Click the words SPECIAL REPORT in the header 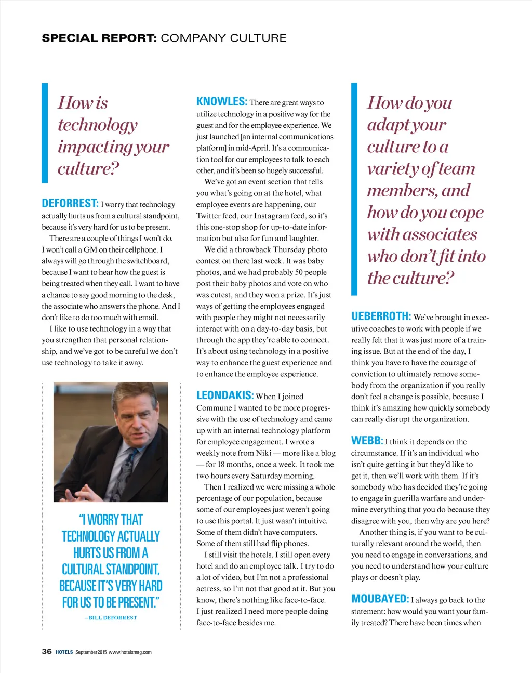99,38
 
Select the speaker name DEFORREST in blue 70,203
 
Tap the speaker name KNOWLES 221,101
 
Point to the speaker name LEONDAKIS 225,395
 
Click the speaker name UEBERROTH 381,316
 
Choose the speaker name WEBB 367,441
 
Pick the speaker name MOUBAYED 380,599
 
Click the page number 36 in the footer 47,651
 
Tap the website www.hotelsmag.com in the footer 130,652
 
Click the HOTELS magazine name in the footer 64,652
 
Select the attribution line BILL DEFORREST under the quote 111,618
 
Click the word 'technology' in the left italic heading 98,125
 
